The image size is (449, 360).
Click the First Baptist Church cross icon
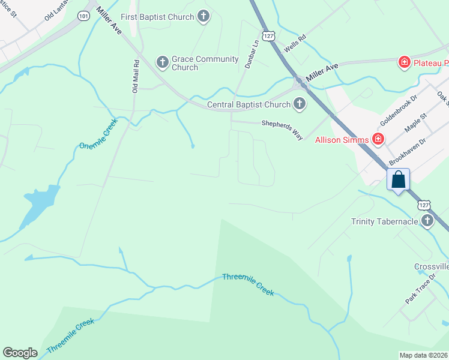(x=203, y=17)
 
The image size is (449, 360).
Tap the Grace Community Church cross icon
(x=162, y=62)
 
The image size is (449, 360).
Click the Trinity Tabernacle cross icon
(x=427, y=221)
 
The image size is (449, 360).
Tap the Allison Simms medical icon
(x=378, y=140)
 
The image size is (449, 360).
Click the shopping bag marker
(x=398, y=179)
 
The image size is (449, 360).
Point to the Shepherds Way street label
(x=282, y=130)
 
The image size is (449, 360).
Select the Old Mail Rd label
(x=136, y=76)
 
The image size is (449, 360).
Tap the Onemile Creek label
(x=99, y=134)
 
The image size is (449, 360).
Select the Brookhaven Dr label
(x=407, y=152)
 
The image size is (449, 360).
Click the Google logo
(x=20, y=353)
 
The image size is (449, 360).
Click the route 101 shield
(x=83, y=16)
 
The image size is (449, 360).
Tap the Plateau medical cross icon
(x=405, y=62)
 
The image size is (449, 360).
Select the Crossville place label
(x=431, y=266)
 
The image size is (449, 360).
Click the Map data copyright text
(x=424, y=355)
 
